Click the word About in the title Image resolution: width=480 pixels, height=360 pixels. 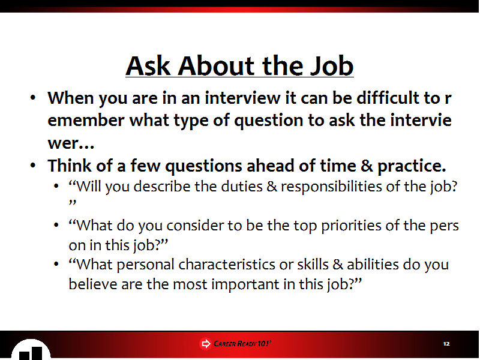216,66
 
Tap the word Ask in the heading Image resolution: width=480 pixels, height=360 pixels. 148,66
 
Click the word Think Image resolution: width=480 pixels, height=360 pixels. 70,166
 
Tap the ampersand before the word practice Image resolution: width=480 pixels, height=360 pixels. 367,166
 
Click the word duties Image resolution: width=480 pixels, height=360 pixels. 242,187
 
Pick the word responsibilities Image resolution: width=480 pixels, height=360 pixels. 332,187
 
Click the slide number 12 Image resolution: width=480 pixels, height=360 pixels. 446,344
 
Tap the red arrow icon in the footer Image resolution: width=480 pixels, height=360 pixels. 206,344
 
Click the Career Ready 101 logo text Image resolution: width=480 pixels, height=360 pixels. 242,344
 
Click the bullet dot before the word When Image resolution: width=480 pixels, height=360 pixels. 33,98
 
